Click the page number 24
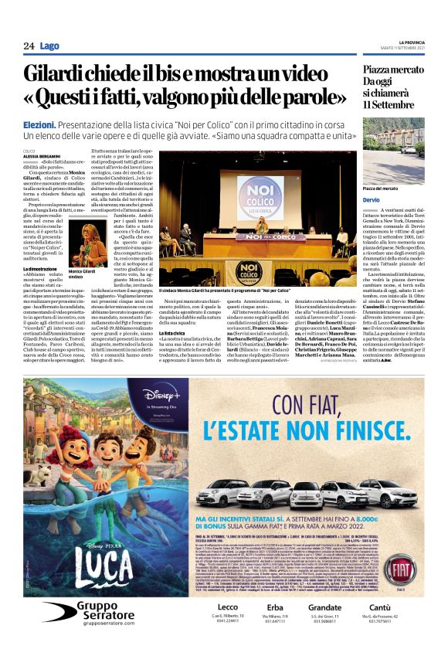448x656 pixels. coord(29,46)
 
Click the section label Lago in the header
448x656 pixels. coord(49,46)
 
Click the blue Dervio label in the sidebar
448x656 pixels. coord(372,200)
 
